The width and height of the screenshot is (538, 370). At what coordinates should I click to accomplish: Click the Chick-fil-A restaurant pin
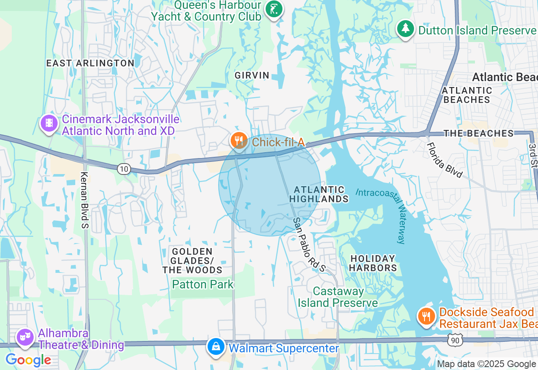239,140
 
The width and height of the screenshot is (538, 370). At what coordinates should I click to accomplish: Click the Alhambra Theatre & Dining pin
25,337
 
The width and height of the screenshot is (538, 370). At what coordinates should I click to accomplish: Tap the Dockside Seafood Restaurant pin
427,316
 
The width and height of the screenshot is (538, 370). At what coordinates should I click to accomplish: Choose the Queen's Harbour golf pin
274,9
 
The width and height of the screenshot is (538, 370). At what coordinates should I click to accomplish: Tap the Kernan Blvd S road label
84,200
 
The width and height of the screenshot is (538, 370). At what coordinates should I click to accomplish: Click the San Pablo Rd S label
309,244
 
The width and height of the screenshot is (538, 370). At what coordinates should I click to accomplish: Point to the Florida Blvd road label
444,160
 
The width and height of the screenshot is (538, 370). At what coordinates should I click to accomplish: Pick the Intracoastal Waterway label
382,214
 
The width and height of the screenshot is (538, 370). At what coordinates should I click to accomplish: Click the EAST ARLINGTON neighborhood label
90,63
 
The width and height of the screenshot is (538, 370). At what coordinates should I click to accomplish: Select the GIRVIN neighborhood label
252,75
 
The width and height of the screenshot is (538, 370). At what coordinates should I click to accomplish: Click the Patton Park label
203,285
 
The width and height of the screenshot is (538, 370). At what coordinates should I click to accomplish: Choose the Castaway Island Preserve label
338,297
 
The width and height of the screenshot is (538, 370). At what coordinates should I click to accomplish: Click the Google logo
28,360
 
